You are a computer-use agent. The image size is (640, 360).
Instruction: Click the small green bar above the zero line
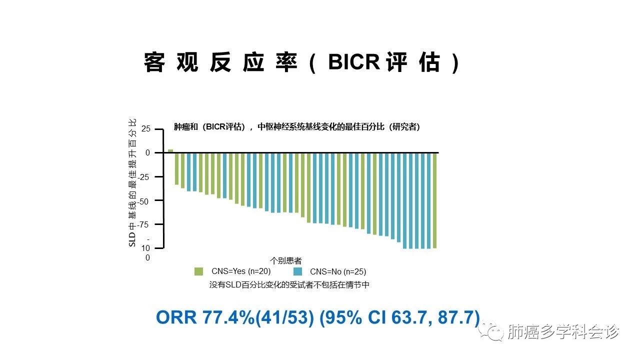pos(170,151)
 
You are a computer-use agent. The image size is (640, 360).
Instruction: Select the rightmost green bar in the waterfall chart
pos(434,200)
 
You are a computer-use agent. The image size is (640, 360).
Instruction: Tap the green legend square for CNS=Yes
pos(198,271)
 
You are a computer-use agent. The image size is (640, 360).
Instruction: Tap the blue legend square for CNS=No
pos(297,271)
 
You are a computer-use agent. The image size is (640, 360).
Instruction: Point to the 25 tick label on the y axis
pos(145,129)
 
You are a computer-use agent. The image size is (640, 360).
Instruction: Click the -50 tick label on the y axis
pos(143,201)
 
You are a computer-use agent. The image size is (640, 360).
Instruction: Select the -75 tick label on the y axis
pos(143,225)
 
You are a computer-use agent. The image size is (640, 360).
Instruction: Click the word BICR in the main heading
pos(354,61)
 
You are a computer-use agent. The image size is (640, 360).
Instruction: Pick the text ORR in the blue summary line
pos(176,317)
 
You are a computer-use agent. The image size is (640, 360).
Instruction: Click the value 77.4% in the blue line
pos(228,317)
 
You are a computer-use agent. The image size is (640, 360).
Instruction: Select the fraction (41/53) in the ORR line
pos(284,317)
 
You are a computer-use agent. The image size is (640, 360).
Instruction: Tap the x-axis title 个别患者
pos(285,260)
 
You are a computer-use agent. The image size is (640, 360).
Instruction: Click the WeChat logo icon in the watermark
pos(491,331)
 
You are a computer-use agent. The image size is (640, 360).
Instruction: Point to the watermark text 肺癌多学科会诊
pos(563,331)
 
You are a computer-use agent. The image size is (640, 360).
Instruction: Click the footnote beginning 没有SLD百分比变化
pos(289,285)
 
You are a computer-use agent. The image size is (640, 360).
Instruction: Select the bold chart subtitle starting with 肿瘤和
pos(297,127)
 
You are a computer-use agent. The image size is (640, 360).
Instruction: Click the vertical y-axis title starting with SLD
pos(132,183)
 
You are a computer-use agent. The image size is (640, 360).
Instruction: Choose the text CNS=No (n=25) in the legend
pos(338,271)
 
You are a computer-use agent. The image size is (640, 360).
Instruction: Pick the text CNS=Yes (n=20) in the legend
pos(241,271)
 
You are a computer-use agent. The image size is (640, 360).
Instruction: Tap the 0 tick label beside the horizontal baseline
pos(147,153)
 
